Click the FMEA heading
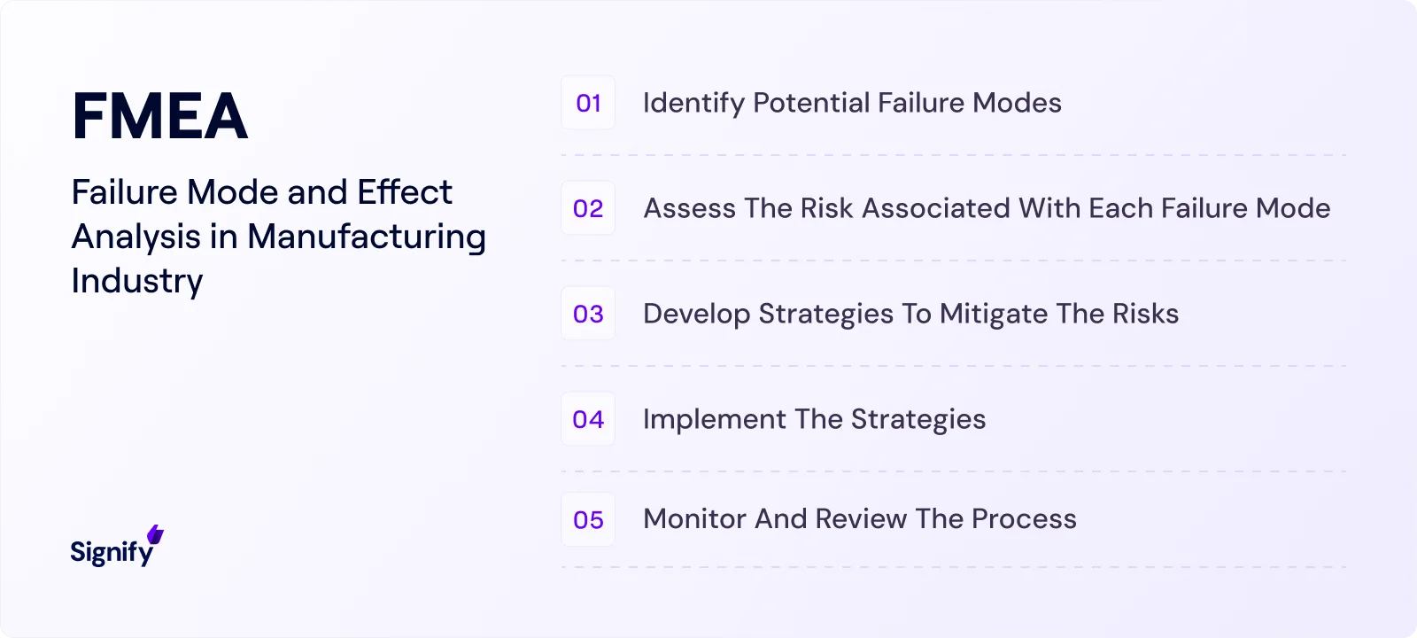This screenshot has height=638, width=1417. [x=159, y=116]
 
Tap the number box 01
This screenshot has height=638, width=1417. [x=588, y=103]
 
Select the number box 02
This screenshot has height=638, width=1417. [x=588, y=208]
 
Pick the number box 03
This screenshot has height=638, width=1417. [x=588, y=314]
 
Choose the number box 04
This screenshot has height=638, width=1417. [x=588, y=419]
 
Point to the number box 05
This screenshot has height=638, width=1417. [x=588, y=519]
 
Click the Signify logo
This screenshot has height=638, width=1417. [x=112, y=551]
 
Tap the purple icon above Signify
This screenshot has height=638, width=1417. [x=156, y=534]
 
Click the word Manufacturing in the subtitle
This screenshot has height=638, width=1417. [x=366, y=237]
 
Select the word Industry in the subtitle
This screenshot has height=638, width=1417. [x=137, y=281]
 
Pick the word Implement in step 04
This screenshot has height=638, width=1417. [x=714, y=419]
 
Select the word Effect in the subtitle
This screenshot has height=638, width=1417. [x=405, y=192]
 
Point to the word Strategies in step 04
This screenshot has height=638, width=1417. [x=918, y=419]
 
